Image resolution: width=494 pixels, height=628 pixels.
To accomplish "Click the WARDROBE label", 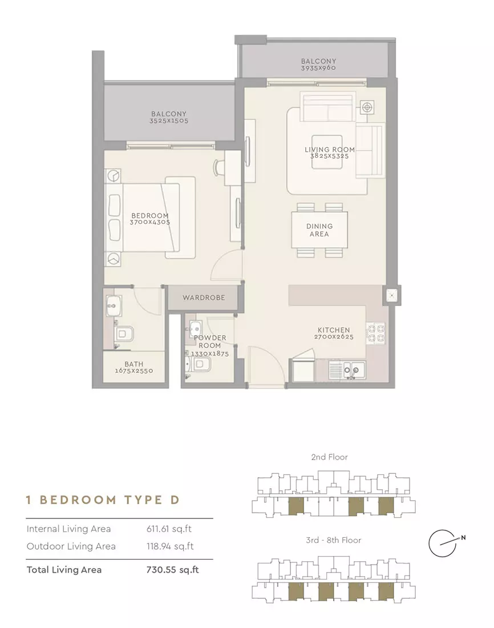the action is click(204, 297).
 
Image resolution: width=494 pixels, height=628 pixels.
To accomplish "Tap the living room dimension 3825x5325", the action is click(330, 156).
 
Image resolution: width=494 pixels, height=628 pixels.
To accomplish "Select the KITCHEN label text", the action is click(334, 330).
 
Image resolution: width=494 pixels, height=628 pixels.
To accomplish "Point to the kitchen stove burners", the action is click(376, 333).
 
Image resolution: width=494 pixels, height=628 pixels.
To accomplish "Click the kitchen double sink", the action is click(347, 370).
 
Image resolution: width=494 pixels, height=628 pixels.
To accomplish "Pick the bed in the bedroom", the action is click(150, 218).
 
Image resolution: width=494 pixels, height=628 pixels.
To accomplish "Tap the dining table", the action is click(319, 230).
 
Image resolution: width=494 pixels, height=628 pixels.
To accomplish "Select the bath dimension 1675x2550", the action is click(134, 371).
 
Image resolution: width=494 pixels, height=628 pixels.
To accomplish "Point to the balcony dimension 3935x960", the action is click(319, 68).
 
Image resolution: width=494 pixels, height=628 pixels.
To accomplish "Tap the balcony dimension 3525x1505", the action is click(169, 120).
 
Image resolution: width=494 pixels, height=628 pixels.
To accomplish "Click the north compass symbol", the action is click(446, 543).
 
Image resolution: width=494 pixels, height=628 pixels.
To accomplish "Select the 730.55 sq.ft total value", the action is click(172, 570).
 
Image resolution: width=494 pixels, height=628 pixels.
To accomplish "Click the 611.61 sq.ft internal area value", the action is click(169, 529).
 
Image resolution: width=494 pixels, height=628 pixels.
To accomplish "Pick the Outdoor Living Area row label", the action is click(71, 546).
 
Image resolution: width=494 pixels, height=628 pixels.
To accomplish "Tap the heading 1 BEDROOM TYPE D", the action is click(103, 500).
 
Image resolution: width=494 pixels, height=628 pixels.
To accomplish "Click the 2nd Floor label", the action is click(330, 457).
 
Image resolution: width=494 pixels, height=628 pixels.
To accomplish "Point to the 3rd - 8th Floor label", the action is click(334, 540).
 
